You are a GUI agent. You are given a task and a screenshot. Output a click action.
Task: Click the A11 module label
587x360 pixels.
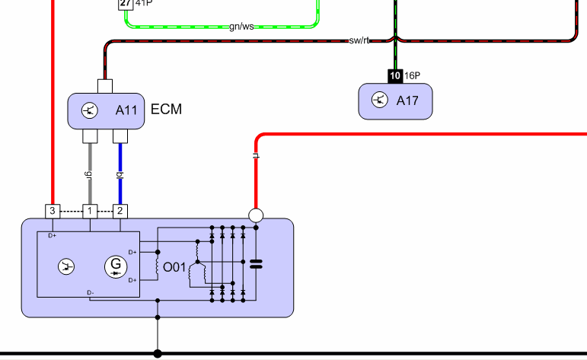coord(126,110)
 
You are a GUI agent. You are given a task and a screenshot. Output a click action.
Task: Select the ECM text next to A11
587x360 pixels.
coord(166,110)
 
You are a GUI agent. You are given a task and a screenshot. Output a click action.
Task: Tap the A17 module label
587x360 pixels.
coord(407,100)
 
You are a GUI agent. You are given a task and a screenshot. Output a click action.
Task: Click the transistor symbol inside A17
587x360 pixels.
coord(380,100)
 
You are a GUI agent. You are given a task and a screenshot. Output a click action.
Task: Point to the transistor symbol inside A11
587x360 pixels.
coord(90,110)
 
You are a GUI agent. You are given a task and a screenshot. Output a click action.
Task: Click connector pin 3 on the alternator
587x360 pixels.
coord(53,212)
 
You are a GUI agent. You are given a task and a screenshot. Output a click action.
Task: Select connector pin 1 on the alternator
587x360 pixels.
coord(90,212)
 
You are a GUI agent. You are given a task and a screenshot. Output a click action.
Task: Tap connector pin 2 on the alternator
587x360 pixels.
coord(120,212)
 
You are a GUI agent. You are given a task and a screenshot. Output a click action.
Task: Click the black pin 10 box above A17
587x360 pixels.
coord(395,76)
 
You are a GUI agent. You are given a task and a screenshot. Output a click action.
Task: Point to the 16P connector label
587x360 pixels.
coord(412,76)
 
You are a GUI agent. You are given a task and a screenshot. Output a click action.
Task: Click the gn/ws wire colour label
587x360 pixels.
coord(241,27)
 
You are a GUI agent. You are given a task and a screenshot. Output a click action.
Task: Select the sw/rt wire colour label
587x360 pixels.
coord(359,40)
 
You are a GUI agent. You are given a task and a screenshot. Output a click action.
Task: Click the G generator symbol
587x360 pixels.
coord(116,267)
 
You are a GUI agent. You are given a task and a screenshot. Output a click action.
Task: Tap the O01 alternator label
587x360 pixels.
coord(174,268)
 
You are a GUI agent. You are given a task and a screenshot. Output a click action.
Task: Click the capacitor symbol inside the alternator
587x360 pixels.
coord(256,264)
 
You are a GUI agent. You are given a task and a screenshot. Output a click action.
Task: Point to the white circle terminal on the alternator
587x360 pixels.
coord(256,215)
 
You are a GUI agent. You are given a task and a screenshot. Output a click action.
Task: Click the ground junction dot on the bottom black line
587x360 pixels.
coord(158,353)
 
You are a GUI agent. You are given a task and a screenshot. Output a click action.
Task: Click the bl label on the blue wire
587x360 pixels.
coord(120,175)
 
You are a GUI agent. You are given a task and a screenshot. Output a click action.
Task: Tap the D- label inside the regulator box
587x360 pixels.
coord(91,292)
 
